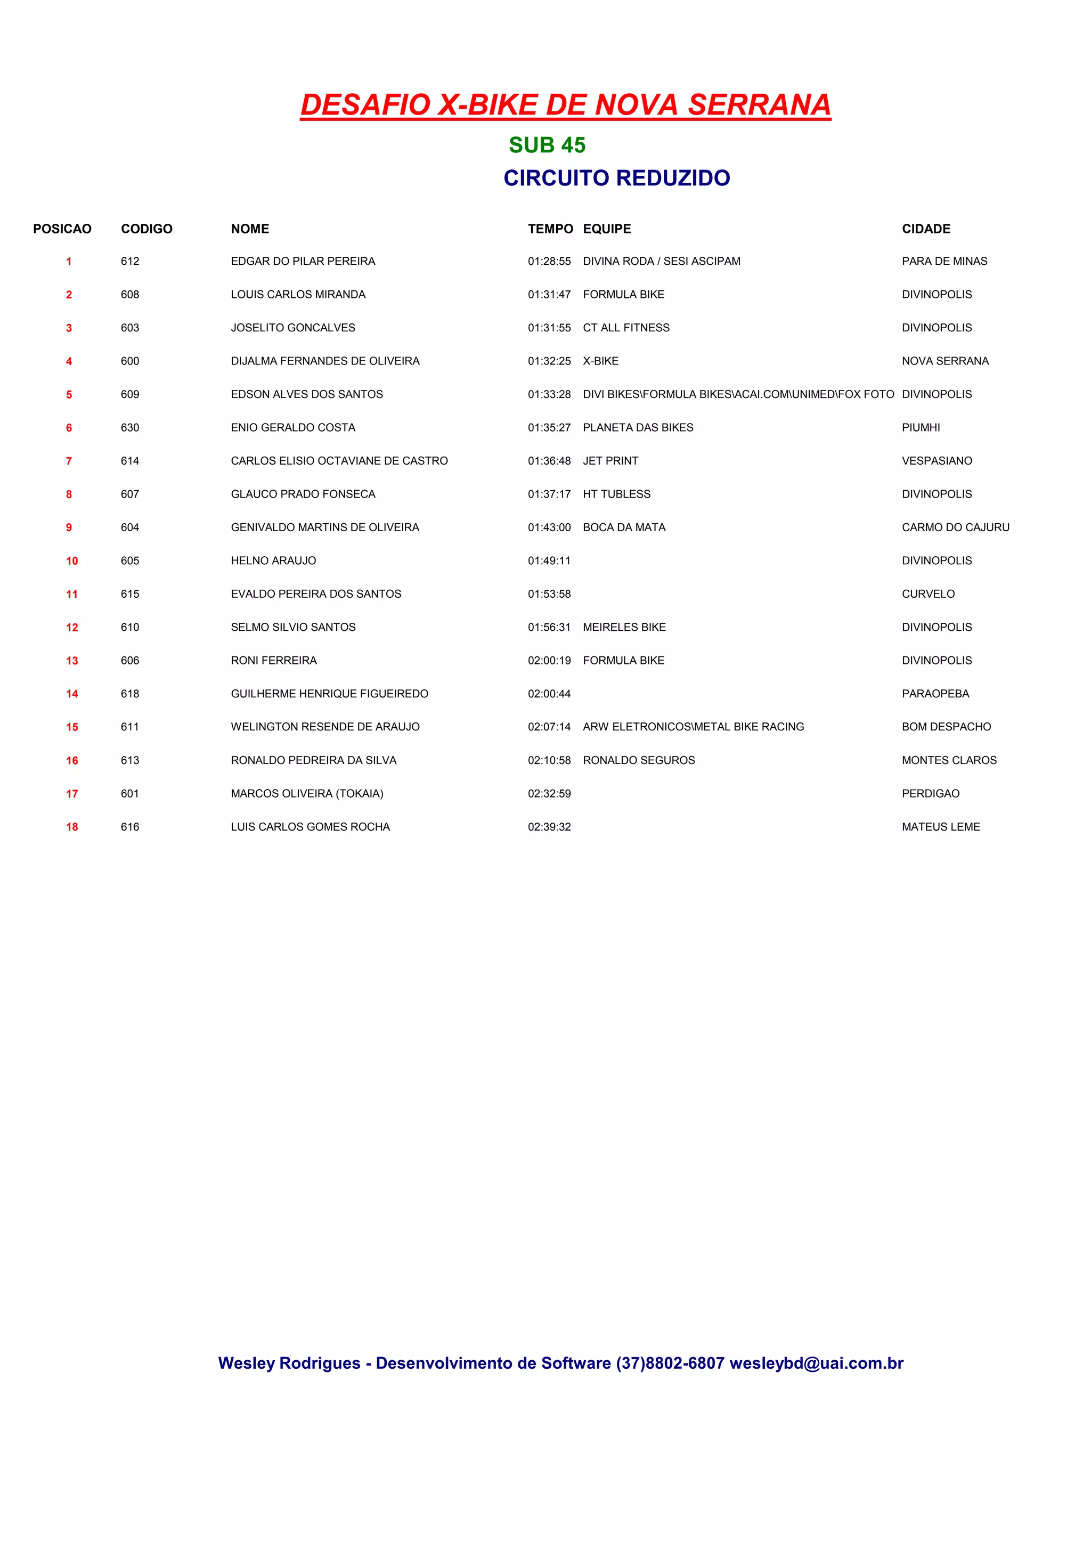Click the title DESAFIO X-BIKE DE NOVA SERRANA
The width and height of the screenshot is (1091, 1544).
565,105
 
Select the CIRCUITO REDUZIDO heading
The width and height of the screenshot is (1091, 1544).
616,177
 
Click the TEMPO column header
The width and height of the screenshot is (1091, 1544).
550,229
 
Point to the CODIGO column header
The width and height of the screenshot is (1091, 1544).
146,229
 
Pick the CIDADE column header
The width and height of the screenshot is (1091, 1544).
926,229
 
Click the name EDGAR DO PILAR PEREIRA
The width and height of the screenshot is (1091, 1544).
303,261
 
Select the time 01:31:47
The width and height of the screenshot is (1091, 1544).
549,295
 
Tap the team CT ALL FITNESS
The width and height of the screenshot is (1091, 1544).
626,328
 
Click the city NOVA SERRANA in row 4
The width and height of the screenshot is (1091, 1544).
945,361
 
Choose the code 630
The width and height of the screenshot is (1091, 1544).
130,428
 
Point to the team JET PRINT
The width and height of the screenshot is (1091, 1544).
610,461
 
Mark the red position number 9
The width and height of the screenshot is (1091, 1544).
69,527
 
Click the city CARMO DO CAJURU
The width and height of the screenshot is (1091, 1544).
955,527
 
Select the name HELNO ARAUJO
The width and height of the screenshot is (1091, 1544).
273,561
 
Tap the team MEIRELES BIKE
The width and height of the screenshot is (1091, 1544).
624,628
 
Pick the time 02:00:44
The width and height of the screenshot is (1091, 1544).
549,694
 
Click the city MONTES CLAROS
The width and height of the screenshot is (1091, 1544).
948,761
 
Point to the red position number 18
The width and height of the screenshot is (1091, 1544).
72,827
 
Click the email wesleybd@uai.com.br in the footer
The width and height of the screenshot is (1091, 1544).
816,1363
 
